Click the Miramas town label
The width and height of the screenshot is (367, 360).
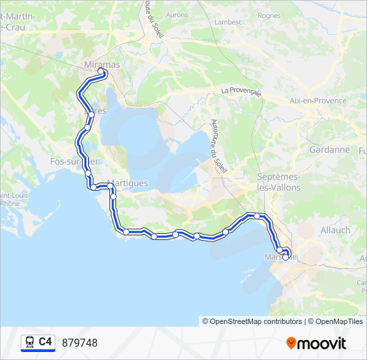[x=101, y=64]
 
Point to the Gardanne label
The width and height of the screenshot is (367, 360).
[x=329, y=149]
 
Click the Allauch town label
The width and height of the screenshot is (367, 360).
[x=336, y=230]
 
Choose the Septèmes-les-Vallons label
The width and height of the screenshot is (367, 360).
[x=279, y=182]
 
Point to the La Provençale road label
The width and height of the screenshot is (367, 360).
[x=241, y=91]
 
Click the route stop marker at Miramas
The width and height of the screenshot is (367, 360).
[x=101, y=71]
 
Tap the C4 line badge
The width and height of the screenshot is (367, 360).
[x=45, y=342]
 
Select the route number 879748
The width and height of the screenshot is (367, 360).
[x=79, y=343]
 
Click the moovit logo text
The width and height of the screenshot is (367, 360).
[x=322, y=343]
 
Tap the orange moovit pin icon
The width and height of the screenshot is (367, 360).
[x=291, y=343]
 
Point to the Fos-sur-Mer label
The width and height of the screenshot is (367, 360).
[x=74, y=161]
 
